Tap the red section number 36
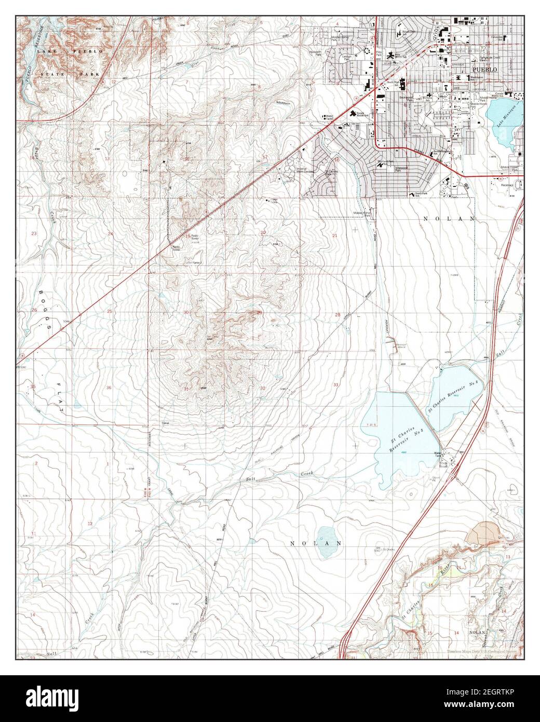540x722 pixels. tap(109, 388)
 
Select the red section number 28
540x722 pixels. tap(337, 315)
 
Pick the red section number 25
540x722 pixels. tap(110, 312)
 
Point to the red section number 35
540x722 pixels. tap(33, 386)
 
